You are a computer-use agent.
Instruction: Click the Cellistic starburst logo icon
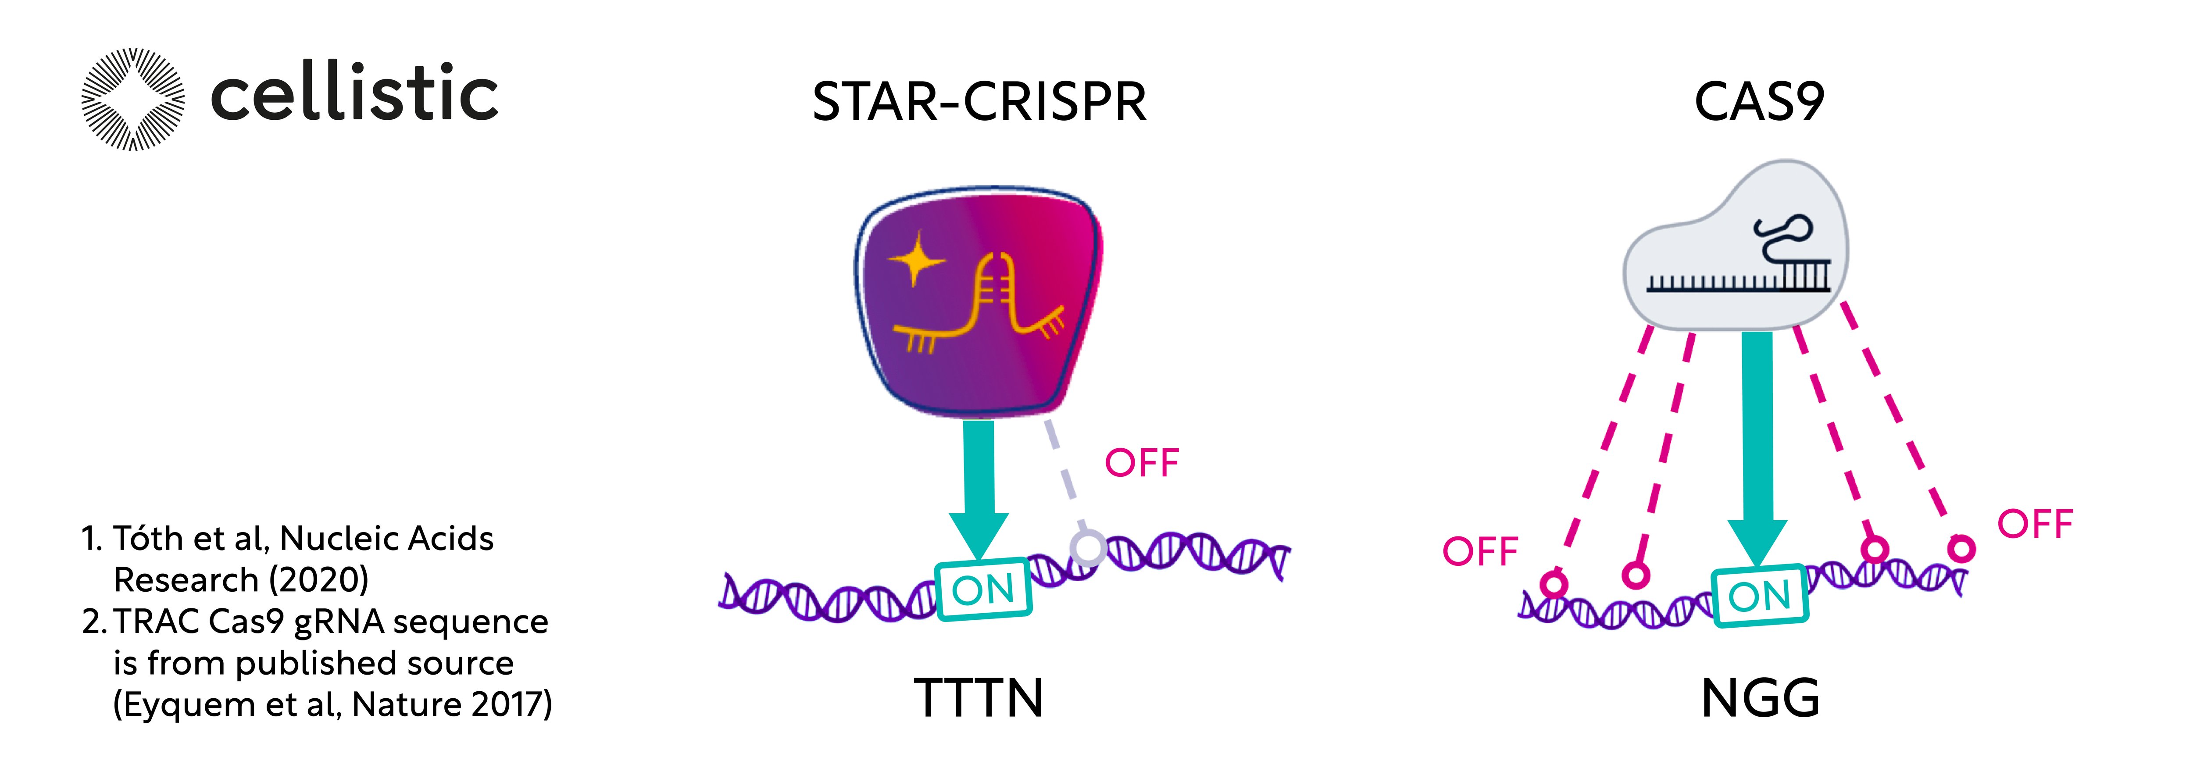point(133,99)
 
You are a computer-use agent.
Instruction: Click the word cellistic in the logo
point(354,94)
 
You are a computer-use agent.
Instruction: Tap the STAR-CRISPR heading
point(979,102)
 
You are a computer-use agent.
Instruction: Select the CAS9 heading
point(1759,102)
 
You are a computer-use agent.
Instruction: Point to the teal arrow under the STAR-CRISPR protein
point(979,485)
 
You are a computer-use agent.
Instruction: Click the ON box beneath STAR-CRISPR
point(983,589)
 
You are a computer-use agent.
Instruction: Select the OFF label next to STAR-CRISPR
point(1142,463)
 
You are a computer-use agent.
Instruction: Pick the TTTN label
point(979,698)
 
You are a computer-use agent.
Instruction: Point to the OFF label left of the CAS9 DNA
point(1479,552)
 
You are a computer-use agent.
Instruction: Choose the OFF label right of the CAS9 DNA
point(2035,524)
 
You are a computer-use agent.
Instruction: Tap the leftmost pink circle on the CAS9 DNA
point(1554,584)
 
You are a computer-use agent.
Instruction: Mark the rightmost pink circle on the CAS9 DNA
point(1961,547)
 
